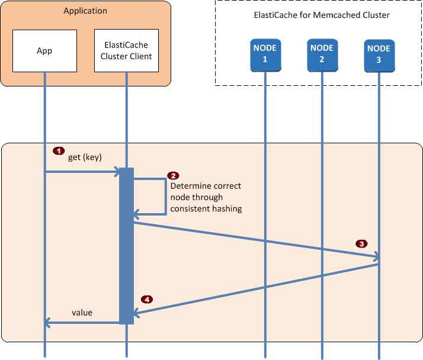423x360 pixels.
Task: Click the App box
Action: [44, 51]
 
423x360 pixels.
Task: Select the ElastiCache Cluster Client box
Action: [126, 51]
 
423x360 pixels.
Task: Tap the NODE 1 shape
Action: [265, 54]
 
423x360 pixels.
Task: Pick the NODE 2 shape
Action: [322, 54]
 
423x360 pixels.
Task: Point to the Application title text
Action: [85, 11]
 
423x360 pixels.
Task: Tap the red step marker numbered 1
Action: [59, 150]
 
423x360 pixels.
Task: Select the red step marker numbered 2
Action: [173, 176]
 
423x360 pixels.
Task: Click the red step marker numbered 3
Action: [361, 243]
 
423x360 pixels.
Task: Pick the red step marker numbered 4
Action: [146, 299]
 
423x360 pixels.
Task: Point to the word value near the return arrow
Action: [82, 312]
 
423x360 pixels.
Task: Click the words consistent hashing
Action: [206, 209]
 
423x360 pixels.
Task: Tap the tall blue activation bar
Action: [126, 246]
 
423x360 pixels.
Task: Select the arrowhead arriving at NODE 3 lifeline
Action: [376, 257]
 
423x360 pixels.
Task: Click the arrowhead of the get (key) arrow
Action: [116, 172]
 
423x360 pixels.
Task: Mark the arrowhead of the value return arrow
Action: [48, 323]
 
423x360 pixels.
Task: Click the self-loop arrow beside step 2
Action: [164, 195]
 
